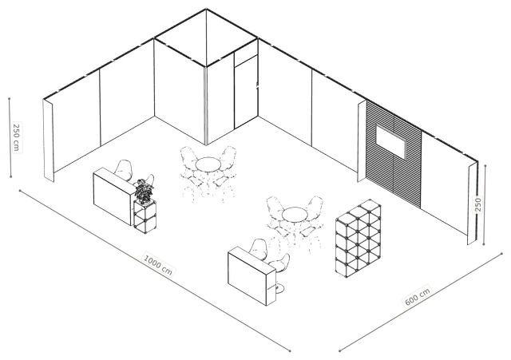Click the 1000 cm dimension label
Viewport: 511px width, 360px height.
(x=158, y=264)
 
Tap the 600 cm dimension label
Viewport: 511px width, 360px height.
(x=418, y=296)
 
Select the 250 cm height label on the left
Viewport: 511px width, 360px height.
(x=16, y=136)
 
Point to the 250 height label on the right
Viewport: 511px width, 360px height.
(x=478, y=204)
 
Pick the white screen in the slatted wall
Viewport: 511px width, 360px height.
(x=391, y=142)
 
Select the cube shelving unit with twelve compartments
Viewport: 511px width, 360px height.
(x=358, y=238)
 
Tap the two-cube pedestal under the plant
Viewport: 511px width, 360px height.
(x=145, y=216)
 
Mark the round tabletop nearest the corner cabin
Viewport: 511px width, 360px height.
(x=208, y=164)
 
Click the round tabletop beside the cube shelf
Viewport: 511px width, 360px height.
(x=295, y=215)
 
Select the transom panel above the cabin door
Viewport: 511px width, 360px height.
(x=246, y=54)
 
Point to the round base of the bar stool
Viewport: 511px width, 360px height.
(x=278, y=288)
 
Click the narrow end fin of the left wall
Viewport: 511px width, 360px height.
(x=48, y=140)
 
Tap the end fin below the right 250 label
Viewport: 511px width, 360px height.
(x=472, y=204)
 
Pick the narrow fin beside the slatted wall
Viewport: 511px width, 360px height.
(x=362, y=140)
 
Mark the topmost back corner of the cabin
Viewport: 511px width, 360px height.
(x=206, y=9)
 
